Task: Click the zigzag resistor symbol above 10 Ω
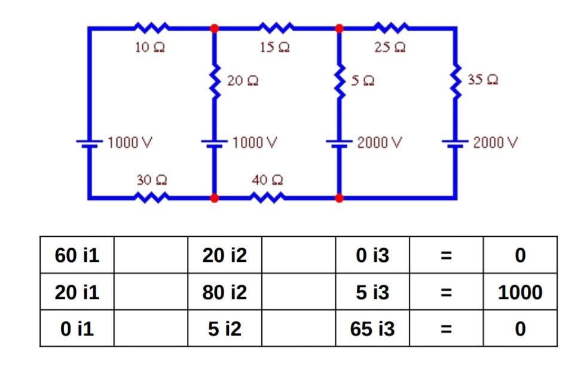pos(150,28)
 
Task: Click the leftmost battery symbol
pos(89,144)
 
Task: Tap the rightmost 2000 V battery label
pos(495,144)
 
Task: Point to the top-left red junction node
pos(214,28)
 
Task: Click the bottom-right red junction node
pos(339,197)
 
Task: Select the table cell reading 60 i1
pos(77,255)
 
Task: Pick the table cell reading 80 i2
pos(224,292)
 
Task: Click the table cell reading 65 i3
pos(372,328)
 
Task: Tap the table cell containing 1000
pos(519,292)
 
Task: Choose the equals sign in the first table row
pos(445,255)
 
